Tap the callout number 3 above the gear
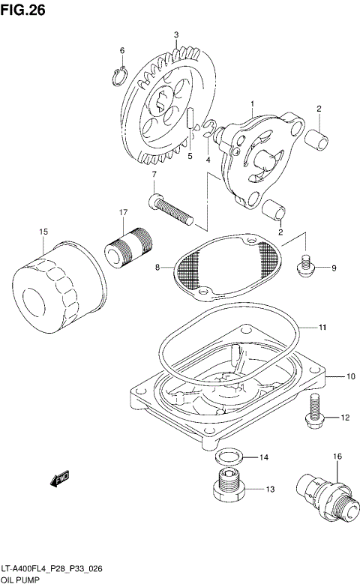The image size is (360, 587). [175, 34]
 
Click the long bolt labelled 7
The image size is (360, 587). [177, 208]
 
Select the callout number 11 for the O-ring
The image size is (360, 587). [320, 328]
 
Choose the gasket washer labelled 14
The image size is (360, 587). [227, 457]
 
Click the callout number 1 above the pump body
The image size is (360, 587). [253, 103]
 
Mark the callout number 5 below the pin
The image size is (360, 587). [190, 157]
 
